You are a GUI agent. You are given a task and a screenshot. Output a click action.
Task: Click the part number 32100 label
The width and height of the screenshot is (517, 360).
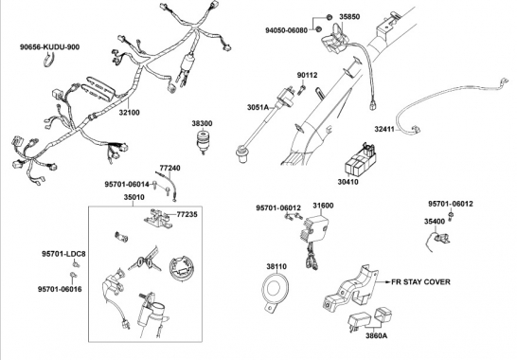tap(129, 113)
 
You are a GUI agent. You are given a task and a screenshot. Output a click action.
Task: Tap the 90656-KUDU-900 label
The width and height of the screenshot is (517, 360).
tap(49, 47)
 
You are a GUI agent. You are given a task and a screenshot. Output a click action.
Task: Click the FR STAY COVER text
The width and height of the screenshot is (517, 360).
tap(420, 282)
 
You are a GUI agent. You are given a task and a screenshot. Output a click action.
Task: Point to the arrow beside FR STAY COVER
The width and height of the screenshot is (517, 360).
tap(383, 282)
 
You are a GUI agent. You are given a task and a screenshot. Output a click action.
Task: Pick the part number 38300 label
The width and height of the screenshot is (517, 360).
tap(202, 123)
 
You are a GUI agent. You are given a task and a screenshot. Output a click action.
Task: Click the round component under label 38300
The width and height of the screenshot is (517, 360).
tap(204, 141)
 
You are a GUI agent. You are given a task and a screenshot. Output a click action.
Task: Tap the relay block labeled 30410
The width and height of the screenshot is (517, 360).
tap(360, 160)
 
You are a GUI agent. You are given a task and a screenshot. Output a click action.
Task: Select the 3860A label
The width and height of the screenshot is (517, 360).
tap(376, 336)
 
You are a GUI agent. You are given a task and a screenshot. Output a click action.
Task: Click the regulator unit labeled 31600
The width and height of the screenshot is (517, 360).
tap(314, 231)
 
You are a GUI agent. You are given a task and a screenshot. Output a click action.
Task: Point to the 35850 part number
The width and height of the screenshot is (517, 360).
tap(349, 16)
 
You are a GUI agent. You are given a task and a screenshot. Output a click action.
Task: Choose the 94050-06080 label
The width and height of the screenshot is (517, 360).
tap(286, 30)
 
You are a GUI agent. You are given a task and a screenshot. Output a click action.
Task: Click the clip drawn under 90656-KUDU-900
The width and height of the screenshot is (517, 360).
tap(49, 61)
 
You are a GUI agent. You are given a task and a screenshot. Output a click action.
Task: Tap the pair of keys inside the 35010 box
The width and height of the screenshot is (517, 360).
tap(145, 263)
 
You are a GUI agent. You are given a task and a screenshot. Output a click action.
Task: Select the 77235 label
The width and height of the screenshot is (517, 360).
tap(187, 215)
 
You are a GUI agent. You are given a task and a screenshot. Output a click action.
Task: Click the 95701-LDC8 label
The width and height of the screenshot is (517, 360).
tap(63, 254)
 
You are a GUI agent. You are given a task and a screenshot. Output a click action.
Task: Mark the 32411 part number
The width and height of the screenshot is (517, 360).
tap(384, 129)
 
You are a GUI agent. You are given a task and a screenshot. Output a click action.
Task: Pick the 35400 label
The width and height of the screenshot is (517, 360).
tap(435, 222)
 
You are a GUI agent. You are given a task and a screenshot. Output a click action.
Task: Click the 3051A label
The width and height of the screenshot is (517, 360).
tap(258, 107)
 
